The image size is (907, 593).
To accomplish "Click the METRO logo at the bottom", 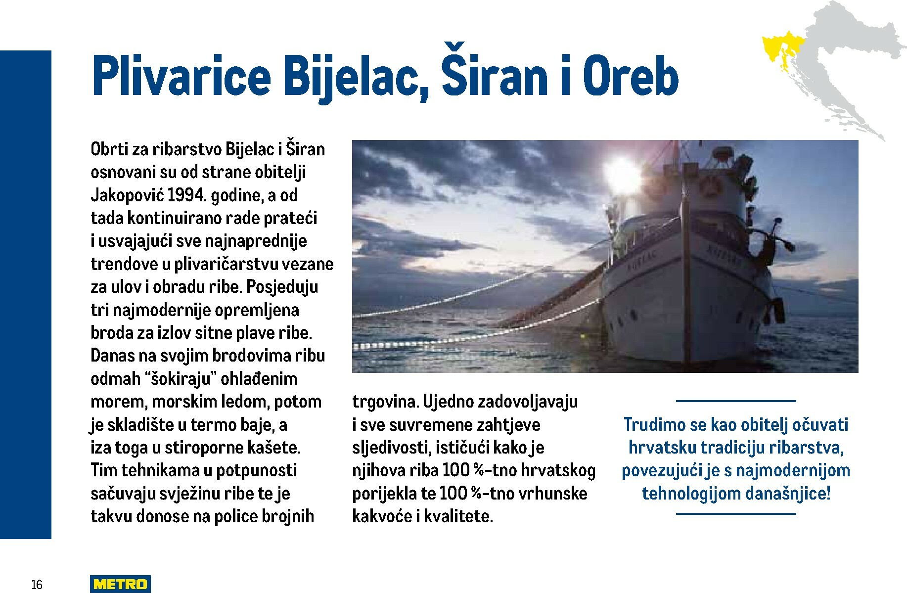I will pos(120,584).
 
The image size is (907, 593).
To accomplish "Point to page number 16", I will pos(37,585).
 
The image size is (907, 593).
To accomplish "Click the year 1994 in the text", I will pos(185,195).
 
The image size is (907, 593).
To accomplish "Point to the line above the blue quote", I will pos(735,401).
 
